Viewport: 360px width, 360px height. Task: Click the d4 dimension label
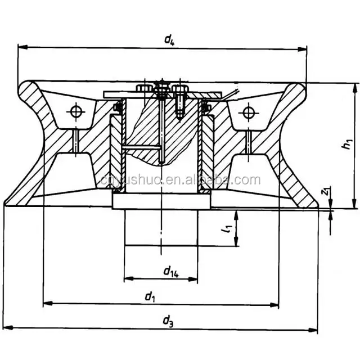click(x=168, y=39)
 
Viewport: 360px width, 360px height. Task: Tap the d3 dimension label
click(x=168, y=321)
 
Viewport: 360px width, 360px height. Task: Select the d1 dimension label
click(x=150, y=296)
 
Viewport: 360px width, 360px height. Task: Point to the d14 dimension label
click(x=171, y=272)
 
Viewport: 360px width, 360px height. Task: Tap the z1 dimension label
click(x=325, y=193)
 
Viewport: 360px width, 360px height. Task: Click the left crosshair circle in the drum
click(x=75, y=111)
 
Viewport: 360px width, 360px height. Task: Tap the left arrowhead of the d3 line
click(x=6, y=328)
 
